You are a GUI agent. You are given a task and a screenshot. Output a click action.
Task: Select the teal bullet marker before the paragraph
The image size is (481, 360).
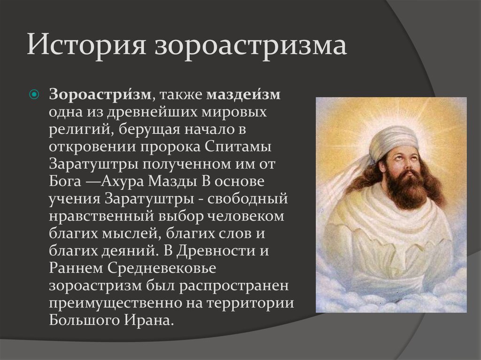pos(34,94)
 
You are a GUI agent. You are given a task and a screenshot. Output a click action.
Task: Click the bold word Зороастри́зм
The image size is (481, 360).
pos(100,94)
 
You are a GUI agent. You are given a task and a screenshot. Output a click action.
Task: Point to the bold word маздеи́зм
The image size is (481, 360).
pos(243,94)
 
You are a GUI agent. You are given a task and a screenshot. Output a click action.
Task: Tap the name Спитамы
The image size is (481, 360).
pos(237,146)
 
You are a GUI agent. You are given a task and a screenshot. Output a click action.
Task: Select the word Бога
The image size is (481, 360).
pos(65,181)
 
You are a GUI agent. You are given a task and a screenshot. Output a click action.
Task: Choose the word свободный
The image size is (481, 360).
pos(248,199)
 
